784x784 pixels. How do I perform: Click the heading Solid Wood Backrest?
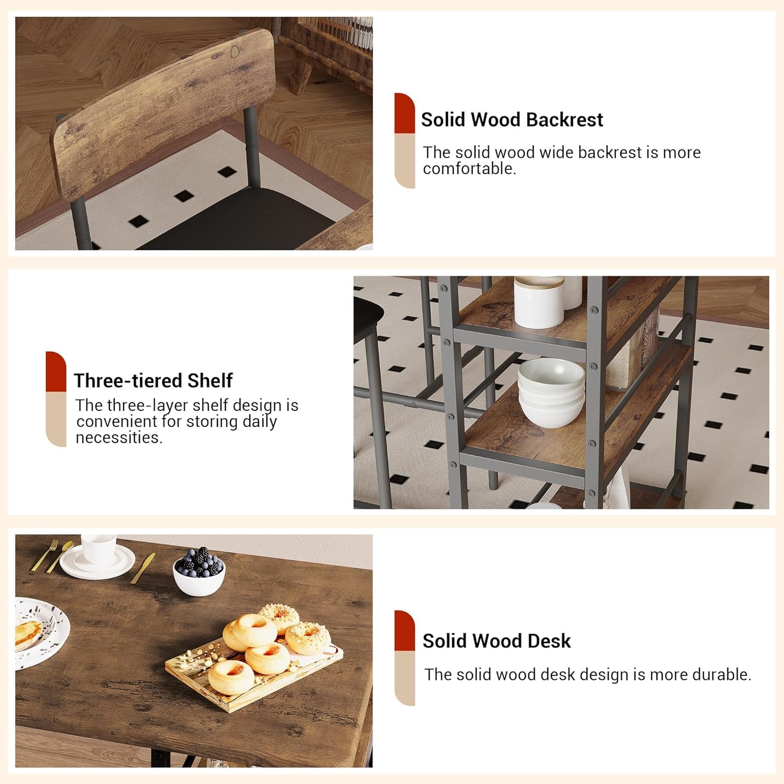tap(512, 120)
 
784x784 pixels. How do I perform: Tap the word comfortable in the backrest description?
tap(469, 169)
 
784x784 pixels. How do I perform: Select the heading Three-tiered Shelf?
tap(153, 381)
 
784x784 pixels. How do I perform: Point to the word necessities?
tap(119, 438)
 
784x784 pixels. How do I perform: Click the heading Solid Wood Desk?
tap(497, 641)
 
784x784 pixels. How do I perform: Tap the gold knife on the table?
tap(143, 568)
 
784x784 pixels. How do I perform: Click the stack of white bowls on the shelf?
tap(551, 392)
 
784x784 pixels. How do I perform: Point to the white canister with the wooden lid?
tap(539, 302)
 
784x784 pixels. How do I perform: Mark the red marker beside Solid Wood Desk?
tap(405, 631)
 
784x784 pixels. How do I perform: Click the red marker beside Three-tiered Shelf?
tap(56, 372)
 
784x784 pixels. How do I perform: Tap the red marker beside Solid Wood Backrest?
tap(405, 113)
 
